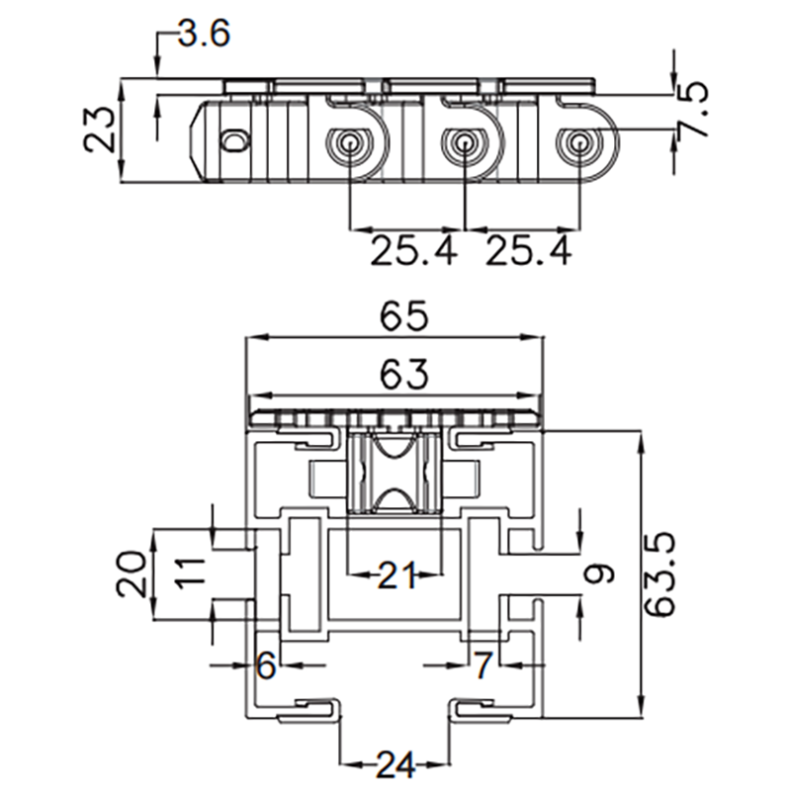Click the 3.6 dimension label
click(204, 35)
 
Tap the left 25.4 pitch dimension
click(414, 251)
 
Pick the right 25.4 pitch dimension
click(528, 251)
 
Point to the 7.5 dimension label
click(696, 96)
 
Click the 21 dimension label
click(396, 573)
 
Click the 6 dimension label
click(265, 666)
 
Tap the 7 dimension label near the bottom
click(482, 666)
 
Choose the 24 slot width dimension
click(396, 763)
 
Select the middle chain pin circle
click(463, 143)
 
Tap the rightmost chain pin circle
click(576, 143)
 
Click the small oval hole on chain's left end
click(234, 141)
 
